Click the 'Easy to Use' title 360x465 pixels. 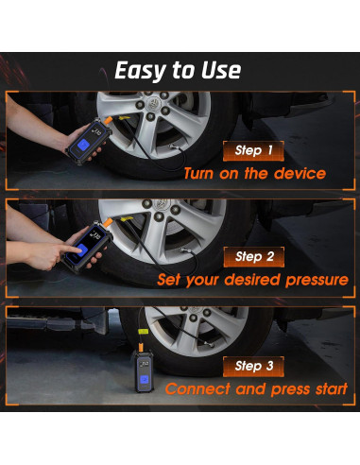(178, 70)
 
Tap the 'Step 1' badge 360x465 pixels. (253, 150)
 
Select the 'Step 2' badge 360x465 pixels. (254, 257)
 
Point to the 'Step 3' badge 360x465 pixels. (253, 367)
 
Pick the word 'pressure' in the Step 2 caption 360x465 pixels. (317, 281)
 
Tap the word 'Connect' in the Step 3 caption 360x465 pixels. (197, 388)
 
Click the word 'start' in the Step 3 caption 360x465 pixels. (332, 388)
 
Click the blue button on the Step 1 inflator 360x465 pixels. (83, 146)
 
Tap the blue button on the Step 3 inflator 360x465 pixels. (144, 380)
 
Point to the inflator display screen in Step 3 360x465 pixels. (144, 365)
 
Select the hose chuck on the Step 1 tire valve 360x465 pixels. (173, 146)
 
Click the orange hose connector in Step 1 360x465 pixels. (109, 120)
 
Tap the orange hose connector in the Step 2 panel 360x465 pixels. (109, 222)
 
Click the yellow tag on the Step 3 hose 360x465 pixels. (143, 332)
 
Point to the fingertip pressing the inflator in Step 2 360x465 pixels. (79, 250)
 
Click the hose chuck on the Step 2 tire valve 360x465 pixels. (185, 251)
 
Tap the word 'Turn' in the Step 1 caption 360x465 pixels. (198, 174)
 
